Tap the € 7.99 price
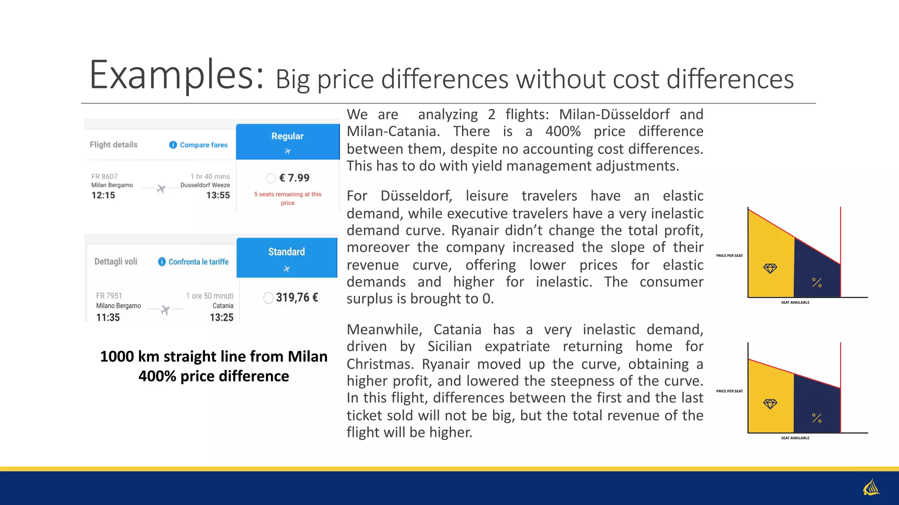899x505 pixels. point(294,178)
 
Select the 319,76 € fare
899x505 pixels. point(297,298)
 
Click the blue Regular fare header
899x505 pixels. point(288,141)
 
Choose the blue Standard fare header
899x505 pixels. point(287,257)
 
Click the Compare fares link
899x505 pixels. point(203,145)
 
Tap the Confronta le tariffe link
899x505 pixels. point(198,262)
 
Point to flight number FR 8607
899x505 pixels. point(104,176)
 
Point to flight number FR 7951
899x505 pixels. point(109,296)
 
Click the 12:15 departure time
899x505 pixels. point(103,196)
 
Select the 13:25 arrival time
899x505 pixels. point(222,317)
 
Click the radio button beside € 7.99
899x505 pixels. point(271,178)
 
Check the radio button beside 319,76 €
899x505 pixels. point(269,298)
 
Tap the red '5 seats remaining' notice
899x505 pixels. point(288,198)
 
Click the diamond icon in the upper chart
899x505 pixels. point(770,268)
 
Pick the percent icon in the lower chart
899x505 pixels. point(816,418)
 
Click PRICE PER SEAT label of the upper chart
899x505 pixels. point(730,256)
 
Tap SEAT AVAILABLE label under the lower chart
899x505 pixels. point(795,438)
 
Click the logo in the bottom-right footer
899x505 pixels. point(871,487)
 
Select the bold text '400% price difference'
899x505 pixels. point(214,376)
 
